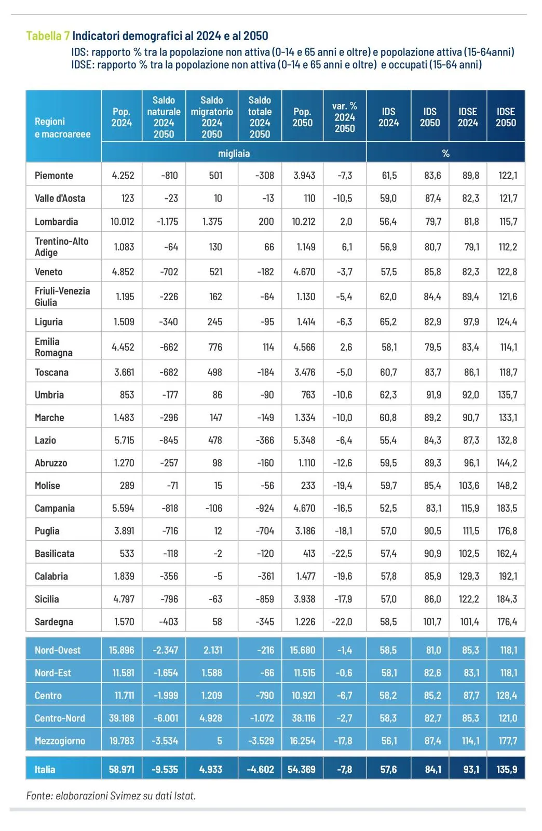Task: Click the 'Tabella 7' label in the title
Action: coord(48,36)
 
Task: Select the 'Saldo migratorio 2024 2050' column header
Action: coord(212,117)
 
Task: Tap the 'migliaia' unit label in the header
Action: coord(234,153)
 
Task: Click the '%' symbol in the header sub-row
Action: coord(445,153)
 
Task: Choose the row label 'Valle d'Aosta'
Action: coord(60,198)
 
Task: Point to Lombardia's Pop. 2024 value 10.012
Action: coord(122,222)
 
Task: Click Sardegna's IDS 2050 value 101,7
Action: coord(432,622)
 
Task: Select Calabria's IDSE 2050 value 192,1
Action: coord(507,576)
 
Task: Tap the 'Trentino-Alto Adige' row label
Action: coord(61,247)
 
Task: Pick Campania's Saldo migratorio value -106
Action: coord(213,508)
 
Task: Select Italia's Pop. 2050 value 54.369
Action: coord(302,769)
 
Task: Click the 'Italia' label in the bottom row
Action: coord(45,769)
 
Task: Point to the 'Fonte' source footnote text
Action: coord(111,795)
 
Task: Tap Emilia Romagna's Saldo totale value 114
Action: coord(268,347)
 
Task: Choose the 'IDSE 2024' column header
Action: coord(468,117)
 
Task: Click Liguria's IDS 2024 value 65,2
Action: coord(388,322)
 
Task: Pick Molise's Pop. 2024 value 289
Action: coord(127,486)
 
